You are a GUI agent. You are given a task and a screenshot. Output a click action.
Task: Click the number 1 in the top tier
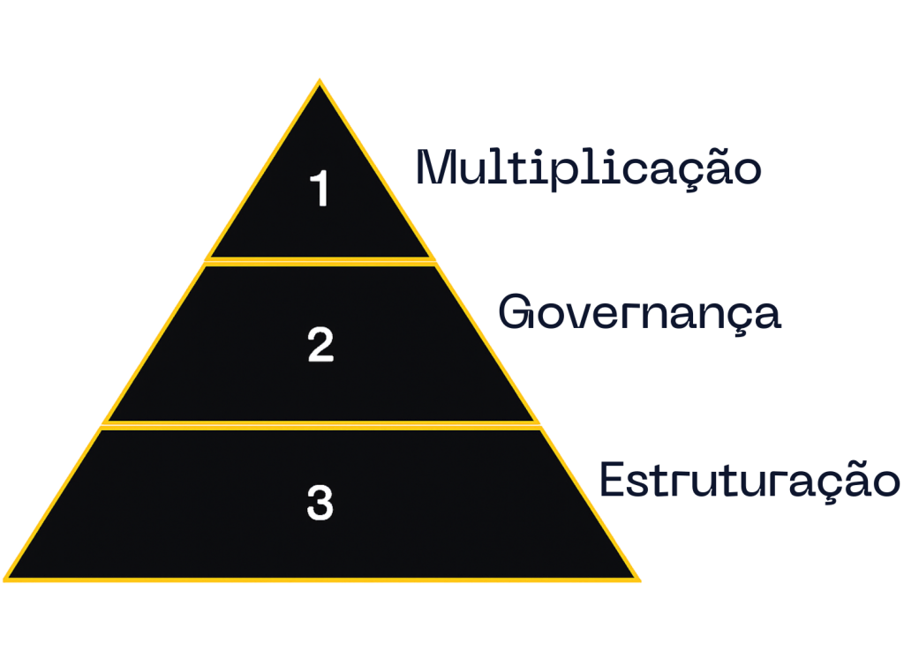coord(320,188)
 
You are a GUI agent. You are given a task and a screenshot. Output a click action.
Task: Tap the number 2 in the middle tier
coord(320,344)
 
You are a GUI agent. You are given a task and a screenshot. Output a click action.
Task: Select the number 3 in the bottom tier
coord(320,503)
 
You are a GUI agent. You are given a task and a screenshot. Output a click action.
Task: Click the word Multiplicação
coord(589,168)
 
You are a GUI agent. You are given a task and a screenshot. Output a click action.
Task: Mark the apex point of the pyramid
coord(320,79)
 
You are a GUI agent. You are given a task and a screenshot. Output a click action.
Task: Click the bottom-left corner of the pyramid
coord(4,579)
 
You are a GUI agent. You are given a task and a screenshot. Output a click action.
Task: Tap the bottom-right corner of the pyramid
coord(639,579)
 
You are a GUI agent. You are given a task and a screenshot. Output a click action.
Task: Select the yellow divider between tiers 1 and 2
coord(320,261)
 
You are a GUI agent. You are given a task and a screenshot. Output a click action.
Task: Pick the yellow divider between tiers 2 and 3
coord(320,425)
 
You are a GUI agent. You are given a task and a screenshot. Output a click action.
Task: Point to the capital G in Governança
coord(516,311)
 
